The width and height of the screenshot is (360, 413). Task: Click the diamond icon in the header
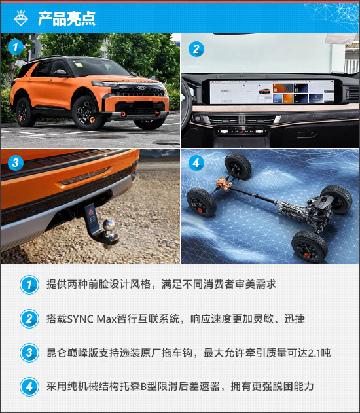point(21,18)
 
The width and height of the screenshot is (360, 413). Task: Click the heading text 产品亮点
point(66,19)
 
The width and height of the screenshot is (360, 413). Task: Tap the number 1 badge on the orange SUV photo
point(16,47)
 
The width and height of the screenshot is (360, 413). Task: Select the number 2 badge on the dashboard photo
point(196,48)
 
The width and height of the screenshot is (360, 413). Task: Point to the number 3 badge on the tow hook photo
point(16,162)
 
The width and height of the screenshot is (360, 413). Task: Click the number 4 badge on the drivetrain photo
point(196,163)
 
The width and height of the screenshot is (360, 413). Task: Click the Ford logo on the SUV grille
point(141,88)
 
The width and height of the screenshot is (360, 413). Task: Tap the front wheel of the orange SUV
point(86,113)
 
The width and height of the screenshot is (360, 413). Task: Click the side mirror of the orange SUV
point(60,73)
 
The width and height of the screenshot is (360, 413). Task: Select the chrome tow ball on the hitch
point(109,226)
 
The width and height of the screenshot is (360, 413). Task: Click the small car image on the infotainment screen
point(264,92)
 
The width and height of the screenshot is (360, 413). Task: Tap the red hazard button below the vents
point(242,131)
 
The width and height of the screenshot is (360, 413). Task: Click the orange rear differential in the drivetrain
point(223,182)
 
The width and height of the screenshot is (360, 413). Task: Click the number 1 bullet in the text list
point(29,285)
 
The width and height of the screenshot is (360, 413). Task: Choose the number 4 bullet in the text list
point(29,387)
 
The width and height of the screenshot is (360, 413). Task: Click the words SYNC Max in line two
point(92,319)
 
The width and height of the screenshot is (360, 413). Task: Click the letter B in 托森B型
point(143,387)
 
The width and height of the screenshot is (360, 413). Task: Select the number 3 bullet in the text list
point(29,353)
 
